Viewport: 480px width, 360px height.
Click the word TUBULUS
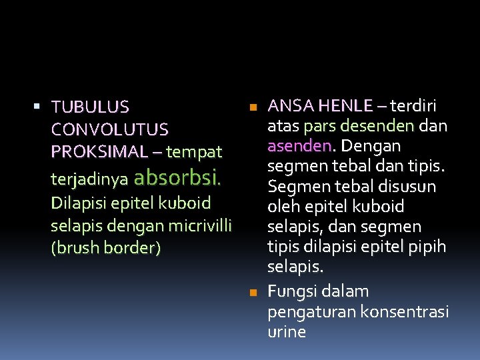pyautogui.click(x=91, y=107)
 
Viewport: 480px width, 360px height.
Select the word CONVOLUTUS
pyautogui.click(x=109, y=129)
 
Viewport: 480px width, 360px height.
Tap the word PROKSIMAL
pyautogui.click(x=101, y=151)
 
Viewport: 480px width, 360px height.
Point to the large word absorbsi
pyautogui.click(x=177, y=178)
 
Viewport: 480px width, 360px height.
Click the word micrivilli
pyautogui.click(x=199, y=225)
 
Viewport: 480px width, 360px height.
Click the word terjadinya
pyautogui.click(x=89, y=180)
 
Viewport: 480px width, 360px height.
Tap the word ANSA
pyautogui.click(x=291, y=105)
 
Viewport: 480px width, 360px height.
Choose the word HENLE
pyautogui.click(x=345, y=105)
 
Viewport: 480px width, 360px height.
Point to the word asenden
pyautogui.click(x=299, y=145)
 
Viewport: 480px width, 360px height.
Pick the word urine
pyautogui.click(x=287, y=331)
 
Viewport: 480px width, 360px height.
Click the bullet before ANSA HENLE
pyautogui.click(x=251, y=107)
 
